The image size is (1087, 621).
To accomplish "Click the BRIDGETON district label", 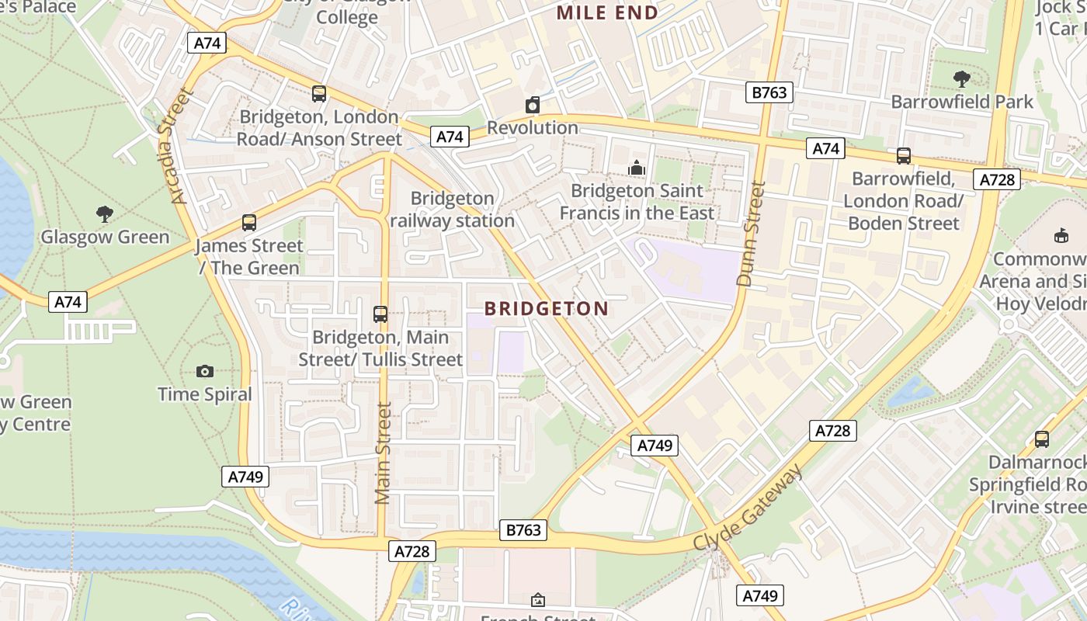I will click(x=547, y=309).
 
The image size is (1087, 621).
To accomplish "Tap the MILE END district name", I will click(x=607, y=12).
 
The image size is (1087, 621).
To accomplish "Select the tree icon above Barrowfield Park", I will click(x=961, y=78).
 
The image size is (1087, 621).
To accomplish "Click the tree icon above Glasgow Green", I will click(x=104, y=213).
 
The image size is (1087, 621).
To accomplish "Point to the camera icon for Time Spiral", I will click(x=205, y=371).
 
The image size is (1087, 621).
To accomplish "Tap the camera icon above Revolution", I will click(x=533, y=105).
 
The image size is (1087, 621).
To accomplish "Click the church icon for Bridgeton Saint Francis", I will click(x=637, y=168).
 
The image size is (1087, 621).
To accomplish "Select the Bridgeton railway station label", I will click(x=452, y=210).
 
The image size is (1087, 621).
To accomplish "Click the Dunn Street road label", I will click(x=751, y=234).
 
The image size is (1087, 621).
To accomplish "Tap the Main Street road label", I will click(x=383, y=453).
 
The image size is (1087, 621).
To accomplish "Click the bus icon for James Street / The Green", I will click(x=248, y=223).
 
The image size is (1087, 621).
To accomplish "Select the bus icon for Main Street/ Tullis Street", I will click(x=380, y=314).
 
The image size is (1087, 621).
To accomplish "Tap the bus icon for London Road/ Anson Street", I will click(x=318, y=94).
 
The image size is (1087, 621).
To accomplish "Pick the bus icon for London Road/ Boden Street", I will click(x=903, y=156).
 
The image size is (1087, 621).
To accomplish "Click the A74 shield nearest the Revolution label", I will click(x=450, y=137).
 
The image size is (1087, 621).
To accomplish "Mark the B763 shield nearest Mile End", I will click(x=769, y=92).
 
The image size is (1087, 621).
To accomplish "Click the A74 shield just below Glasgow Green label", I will click(x=68, y=302).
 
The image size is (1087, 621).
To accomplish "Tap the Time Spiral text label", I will click(x=205, y=394).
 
